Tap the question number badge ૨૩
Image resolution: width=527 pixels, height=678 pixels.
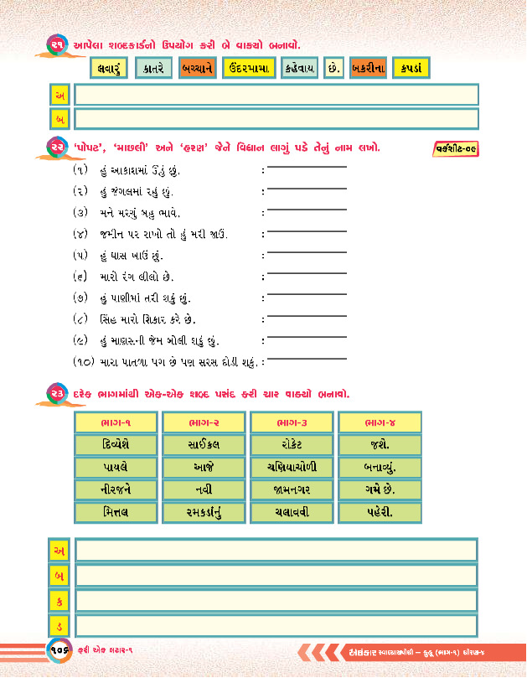[x=57, y=393]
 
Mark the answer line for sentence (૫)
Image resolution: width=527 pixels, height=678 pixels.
[x=306, y=252]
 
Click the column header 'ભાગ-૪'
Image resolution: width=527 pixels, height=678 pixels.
[x=380, y=422]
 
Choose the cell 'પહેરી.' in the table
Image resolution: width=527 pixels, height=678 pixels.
[x=380, y=511]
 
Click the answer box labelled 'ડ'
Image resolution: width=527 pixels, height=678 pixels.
[x=276, y=625]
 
